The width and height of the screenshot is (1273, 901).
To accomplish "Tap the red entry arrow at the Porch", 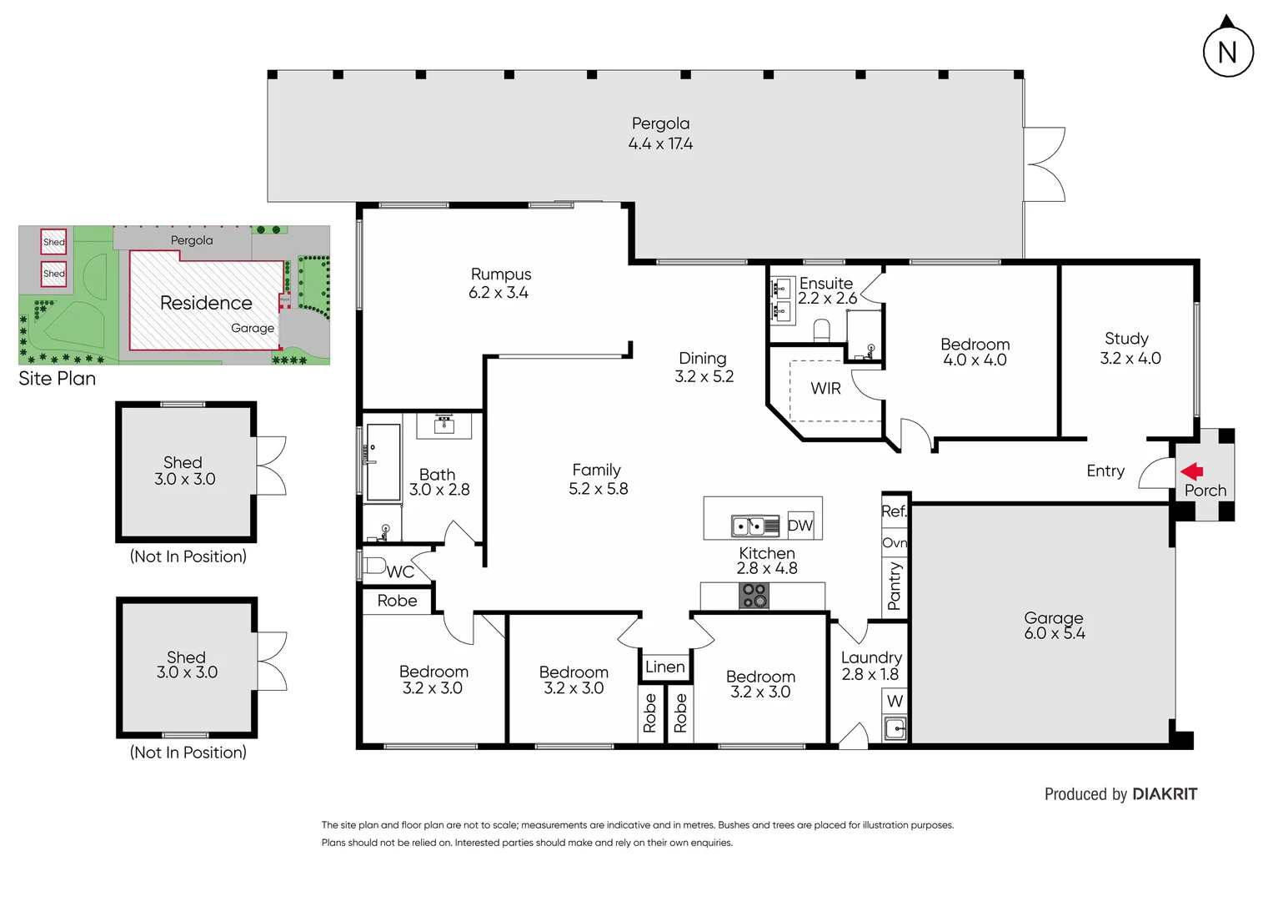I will pos(1192,471).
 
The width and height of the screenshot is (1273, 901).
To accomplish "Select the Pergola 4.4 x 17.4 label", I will pos(660,133).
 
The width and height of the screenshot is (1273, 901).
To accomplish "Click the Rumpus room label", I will pos(500,283).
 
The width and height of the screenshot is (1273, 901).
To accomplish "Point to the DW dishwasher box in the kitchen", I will pos(799,525).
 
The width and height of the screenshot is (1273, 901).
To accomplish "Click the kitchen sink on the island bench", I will pos(749,526).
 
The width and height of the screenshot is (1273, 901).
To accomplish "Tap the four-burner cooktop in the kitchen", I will pos(754,596).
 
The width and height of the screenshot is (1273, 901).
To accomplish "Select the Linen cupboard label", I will pos(664,667).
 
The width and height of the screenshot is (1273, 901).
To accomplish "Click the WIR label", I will pos(825,389).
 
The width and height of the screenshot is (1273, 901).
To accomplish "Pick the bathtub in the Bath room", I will pos(383,462).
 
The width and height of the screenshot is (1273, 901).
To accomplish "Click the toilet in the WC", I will pos(374,566).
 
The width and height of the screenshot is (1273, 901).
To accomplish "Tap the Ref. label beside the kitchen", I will pos(894,511).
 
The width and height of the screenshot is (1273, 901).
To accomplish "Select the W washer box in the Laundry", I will pos(895,701).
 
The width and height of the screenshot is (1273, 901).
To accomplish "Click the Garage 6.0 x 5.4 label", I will pos(1054,625).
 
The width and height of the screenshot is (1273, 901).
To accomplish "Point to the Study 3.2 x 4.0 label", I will pos(1129,348).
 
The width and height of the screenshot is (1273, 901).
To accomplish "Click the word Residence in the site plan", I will pos(206,303).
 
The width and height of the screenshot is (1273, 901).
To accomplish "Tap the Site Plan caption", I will pos(57,379).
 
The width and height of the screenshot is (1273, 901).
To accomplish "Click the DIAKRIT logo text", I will pos(1165,794).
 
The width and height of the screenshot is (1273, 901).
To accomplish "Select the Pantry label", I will pos(895,586).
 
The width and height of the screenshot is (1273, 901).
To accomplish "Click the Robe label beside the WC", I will pos(397,601).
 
